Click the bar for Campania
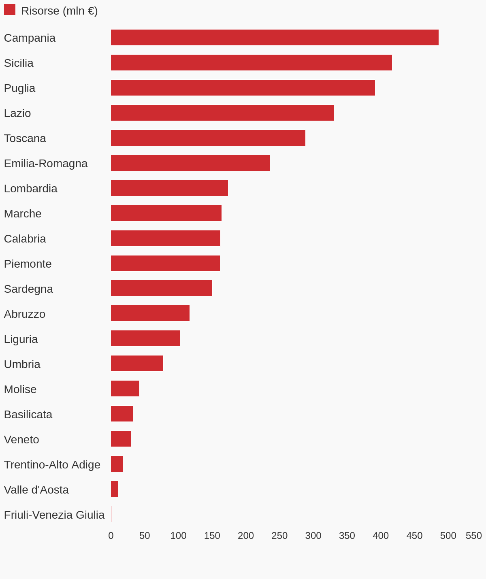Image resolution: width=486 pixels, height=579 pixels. coord(275,38)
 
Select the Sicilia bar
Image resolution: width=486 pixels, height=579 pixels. coord(251,63)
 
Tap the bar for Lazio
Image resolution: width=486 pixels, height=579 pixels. coord(222,113)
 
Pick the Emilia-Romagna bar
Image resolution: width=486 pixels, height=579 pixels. coord(190,163)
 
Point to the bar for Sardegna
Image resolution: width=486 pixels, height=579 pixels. coord(161,288)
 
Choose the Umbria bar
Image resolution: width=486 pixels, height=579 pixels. coord(137,364)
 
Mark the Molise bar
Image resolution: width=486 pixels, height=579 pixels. coord(125,389)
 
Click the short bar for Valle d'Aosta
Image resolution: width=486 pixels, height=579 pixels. coord(114,489)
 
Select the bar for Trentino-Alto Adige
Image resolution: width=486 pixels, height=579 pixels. coord(117,464)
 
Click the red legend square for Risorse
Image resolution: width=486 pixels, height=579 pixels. coord(10,10)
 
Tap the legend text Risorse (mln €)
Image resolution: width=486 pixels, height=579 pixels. coord(59,11)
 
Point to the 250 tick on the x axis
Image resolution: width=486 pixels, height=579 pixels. coord(279,536)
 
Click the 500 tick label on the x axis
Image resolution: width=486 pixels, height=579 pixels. coord(448,536)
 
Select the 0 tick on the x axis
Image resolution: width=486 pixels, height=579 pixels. coord(111,536)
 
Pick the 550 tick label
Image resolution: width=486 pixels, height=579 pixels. coord(473,536)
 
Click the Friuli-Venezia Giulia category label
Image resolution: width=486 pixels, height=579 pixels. coord(54,515)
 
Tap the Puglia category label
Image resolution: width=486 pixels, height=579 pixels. coord(19,88)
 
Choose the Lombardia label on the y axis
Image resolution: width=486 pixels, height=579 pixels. coord(30,189)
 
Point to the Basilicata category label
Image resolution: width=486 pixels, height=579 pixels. coord(28,415)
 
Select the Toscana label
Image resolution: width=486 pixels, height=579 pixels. coord(25,138)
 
